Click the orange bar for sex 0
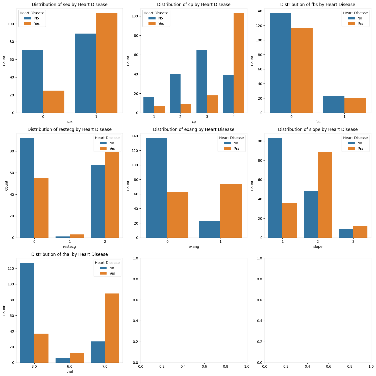point(54,102)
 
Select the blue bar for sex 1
point(85,73)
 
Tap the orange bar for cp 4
point(239,63)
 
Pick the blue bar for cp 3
point(202,81)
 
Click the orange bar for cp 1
point(159,110)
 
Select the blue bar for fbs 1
point(334,104)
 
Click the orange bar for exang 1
point(231,211)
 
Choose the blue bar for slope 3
point(346,233)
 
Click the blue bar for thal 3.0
point(27,313)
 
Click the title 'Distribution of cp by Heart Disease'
point(194,5)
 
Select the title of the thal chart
point(69,254)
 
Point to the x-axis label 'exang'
point(194,247)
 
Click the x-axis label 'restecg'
point(69,247)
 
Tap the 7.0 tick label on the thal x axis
point(105,366)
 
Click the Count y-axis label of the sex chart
point(4,61)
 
